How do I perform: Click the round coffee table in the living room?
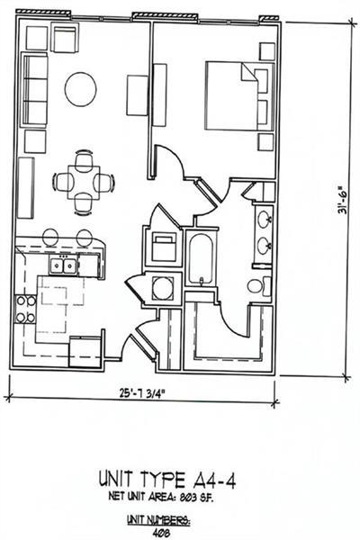tap(80, 88)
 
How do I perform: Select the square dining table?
tap(84, 182)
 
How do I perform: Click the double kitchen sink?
tap(63, 265)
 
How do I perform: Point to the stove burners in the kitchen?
tap(25, 307)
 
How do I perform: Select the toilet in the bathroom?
tap(256, 287)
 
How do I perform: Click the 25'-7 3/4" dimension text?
tap(143, 392)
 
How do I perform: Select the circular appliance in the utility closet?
tap(164, 289)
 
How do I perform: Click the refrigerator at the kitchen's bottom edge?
tap(86, 349)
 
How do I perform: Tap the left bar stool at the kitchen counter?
tap(50, 237)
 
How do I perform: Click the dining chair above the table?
tap(84, 160)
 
